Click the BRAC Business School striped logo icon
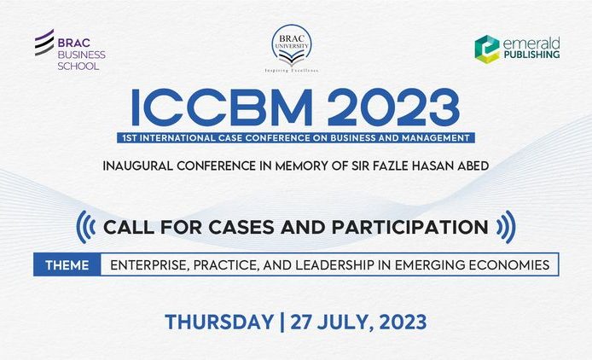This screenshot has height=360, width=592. [44, 43]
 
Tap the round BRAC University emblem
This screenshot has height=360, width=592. [292, 44]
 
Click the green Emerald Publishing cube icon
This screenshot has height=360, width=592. [486, 49]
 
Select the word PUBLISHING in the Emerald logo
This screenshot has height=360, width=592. [531, 55]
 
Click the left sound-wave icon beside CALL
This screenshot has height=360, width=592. [85, 228]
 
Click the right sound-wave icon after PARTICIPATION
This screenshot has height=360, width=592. [506, 228]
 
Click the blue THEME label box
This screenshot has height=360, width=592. [67, 264]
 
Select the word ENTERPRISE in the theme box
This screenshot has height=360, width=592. [150, 264]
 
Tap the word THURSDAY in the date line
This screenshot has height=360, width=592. [218, 322]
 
